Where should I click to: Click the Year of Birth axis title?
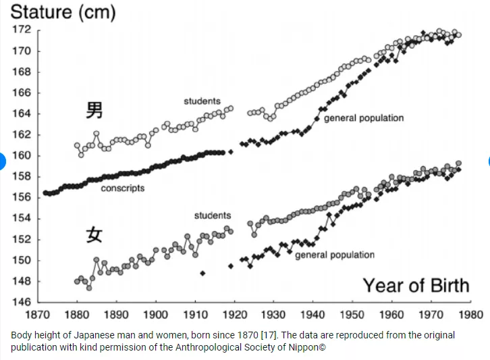coord(416,285)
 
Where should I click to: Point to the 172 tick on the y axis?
coord(22,30)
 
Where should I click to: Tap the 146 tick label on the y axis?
coord(22,302)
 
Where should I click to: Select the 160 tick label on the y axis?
coord(22,155)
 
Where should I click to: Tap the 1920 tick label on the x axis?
coord(234,315)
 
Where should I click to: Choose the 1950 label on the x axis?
coord(352,315)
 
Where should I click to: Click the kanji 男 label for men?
coord(94,110)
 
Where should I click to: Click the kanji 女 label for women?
coord(94,235)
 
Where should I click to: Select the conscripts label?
coord(123,188)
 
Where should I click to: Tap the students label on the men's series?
coord(202,101)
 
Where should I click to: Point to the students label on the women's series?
coord(213,215)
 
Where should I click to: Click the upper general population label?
coord(364,118)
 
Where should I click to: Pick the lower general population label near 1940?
coord(335,255)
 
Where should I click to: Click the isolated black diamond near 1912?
coord(202,274)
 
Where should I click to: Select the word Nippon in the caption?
coord(302,349)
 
